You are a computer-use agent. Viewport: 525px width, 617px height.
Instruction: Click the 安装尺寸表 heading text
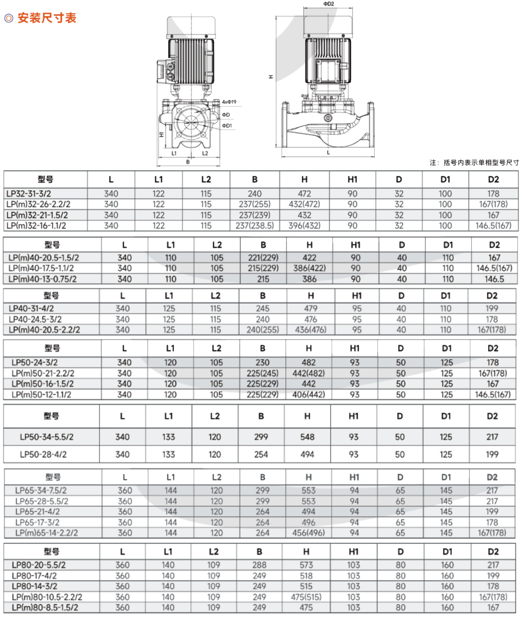point(47,18)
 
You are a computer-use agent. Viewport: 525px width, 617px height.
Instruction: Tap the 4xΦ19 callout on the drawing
point(229,102)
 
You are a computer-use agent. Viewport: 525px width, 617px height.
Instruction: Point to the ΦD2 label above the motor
point(329,4)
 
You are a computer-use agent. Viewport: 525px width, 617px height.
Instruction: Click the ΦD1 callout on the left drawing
point(227,126)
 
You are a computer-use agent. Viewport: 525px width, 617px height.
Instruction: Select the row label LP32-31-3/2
point(29,194)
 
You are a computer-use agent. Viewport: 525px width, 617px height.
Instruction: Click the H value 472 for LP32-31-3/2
point(304,194)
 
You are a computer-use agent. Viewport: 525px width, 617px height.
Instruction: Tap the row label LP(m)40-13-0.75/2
point(43,279)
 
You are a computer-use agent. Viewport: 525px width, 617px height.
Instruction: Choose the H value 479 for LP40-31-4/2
point(311,308)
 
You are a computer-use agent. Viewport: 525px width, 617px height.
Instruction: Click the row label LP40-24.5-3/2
point(35,319)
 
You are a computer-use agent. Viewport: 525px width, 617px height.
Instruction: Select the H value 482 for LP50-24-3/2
point(308,362)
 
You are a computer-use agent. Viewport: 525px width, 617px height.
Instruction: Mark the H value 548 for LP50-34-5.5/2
point(307,437)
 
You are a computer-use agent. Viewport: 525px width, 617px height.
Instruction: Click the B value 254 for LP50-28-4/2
point(261,454)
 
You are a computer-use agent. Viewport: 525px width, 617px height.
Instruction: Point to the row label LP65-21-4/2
point(38,511)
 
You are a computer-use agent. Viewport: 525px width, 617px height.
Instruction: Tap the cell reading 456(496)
point(308,532)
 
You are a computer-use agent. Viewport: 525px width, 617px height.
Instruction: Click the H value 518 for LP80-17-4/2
point(306,576)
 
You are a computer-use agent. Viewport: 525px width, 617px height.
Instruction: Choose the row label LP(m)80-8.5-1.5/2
point(45,607)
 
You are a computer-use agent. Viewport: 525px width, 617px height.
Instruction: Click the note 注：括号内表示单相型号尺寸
point(474,162)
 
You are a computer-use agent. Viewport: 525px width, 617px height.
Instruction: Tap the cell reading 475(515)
point(306,597)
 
